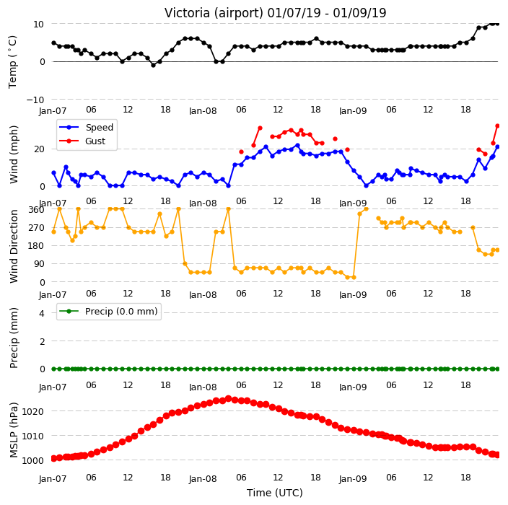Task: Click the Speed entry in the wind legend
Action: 99,127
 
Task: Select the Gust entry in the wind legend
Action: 95,141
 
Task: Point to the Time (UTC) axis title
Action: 275,493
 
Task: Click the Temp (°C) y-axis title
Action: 13,62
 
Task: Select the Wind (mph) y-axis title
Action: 13,154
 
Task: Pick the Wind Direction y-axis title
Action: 13,247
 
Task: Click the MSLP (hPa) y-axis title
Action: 13,430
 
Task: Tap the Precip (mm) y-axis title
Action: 13,338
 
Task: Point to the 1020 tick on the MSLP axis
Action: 32,411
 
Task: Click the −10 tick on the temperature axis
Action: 35,100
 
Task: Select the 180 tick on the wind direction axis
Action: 36,246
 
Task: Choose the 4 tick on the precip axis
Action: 42,313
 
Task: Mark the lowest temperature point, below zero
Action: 153,65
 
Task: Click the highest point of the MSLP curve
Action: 229,398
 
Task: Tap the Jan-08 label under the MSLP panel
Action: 203,479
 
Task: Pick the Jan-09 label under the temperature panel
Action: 353,111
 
